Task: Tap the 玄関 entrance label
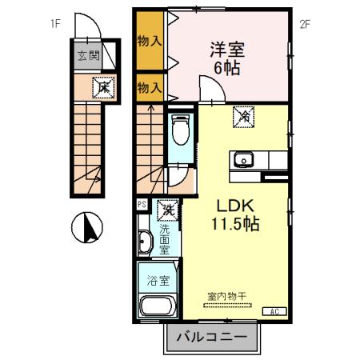click(88, 56)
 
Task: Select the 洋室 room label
click(227, 49)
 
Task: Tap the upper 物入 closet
click(150, 41)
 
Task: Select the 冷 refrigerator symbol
click(243, 117)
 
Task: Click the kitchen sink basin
click(242, 160)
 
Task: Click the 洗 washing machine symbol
click(167, 211)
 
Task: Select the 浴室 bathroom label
click(158, 281)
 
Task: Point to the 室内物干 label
click(227, 297)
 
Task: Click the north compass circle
click(89, 230)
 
